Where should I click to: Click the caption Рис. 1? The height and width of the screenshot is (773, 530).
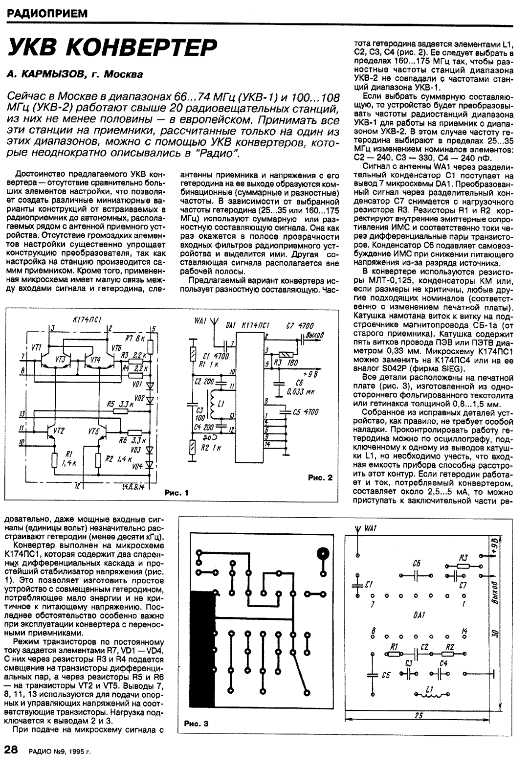pyautogui.click(x=176, y=493)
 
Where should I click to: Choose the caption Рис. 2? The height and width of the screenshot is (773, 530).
pyautogui.click(x=320, y=477)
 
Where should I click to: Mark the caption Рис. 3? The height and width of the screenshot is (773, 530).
pyautogui.click(x=196, y=724)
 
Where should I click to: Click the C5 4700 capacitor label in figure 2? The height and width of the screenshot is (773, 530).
pyautogui.click(x=305, y=412)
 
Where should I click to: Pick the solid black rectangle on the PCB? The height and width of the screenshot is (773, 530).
pyautogui.click(x=202, y=651)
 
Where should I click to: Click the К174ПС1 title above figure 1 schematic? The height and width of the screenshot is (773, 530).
pyautogui.click(x=87, y=319)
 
